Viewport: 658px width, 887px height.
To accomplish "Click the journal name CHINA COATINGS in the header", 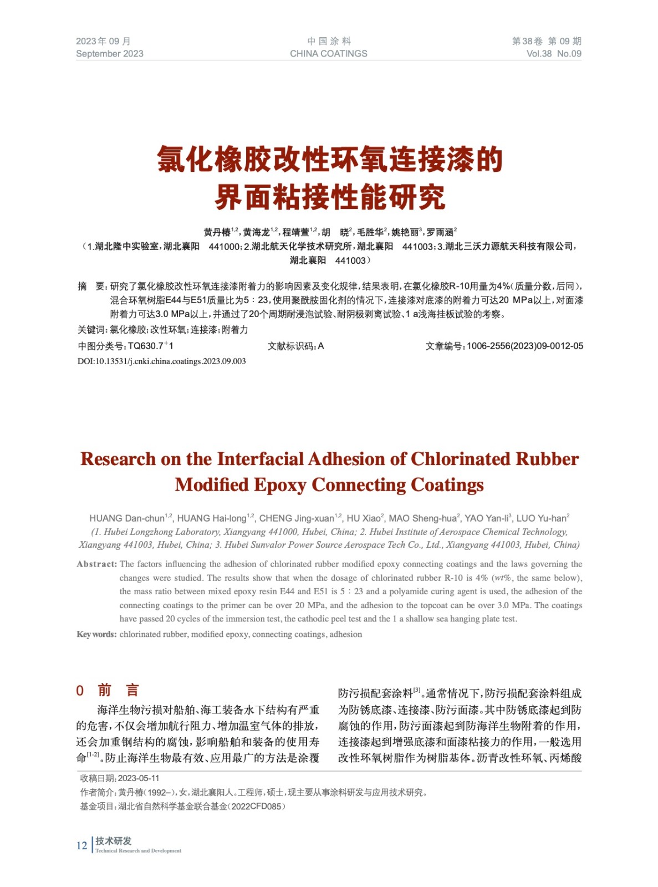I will point(328,54).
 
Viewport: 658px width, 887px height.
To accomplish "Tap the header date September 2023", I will point(109,54).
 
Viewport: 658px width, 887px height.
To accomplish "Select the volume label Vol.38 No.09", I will point(553,54).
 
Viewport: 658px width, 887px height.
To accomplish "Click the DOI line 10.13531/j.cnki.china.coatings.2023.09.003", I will point(161,361).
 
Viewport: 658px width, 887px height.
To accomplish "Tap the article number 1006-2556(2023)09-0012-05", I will point(524,346).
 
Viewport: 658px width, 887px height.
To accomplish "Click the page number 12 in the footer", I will point(81,845).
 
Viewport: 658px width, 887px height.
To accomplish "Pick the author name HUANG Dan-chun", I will point(127,518).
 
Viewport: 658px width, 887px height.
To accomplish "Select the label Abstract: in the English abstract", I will point(97,564).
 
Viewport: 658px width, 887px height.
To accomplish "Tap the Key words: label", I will point(96,634).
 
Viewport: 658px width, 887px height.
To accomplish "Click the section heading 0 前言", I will point(108,690).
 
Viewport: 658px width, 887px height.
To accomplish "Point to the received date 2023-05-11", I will point(139,778).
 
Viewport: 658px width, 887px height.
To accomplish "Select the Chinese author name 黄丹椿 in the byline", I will point(217,232).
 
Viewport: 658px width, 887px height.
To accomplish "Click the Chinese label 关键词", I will point(91,330).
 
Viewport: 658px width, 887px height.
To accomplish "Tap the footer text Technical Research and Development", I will point(138,850).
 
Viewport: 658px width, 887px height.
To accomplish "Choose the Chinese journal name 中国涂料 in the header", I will point(329,41).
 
